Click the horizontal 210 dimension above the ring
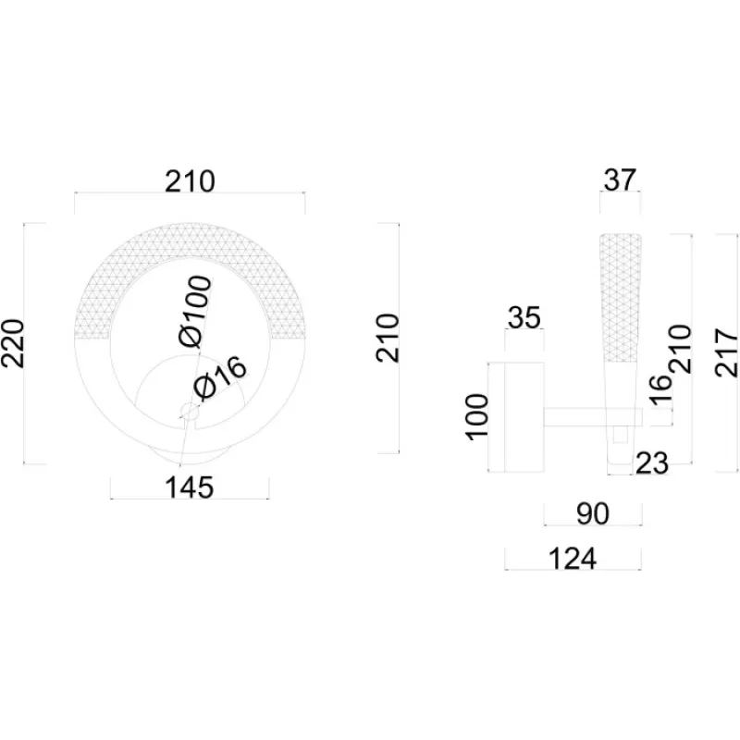(x=190, y=181)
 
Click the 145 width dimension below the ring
(x=190, y=487)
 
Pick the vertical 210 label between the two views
(x=388, y=339)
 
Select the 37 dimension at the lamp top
(x=620, y=179)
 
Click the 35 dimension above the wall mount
(x=524, y=319)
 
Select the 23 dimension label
(x=652, y=463)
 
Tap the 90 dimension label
(x=592, y=514)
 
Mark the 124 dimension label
(x=573, y=559)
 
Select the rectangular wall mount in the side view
(x=514, y=416)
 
